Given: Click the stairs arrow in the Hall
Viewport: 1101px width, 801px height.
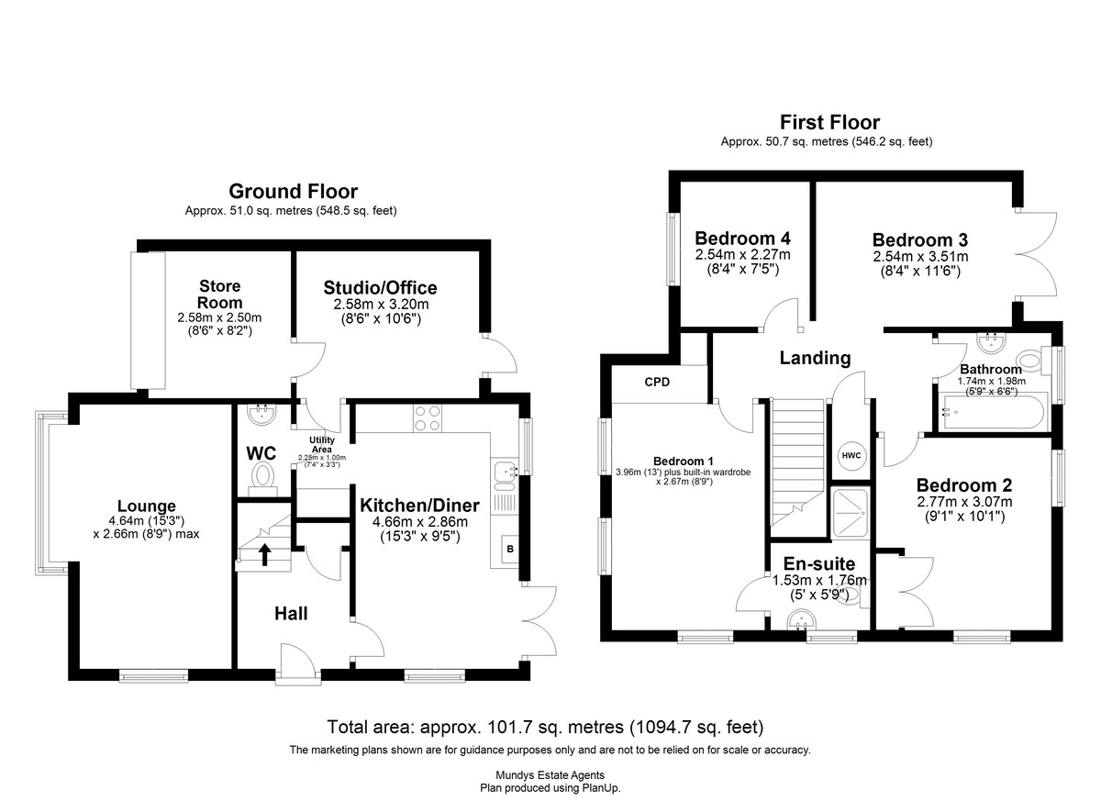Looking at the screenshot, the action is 265,554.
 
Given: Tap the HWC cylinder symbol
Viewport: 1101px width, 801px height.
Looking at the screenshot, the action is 851,455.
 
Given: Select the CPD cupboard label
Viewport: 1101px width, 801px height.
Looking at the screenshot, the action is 657,382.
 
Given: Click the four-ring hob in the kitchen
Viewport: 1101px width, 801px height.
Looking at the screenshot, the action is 427,418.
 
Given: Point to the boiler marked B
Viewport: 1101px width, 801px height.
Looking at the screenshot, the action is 510,549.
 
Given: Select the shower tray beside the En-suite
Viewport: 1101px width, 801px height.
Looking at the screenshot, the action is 851,512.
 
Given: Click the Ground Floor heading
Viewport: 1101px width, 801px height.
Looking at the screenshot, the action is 293,191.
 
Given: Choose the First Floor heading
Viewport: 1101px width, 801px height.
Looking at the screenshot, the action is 829,122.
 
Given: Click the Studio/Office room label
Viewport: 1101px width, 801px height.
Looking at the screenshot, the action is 380,287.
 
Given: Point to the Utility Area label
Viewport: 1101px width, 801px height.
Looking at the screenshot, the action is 322,445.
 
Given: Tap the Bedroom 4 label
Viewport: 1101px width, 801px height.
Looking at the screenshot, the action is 742,239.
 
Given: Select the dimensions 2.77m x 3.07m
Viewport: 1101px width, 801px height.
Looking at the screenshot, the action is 964,502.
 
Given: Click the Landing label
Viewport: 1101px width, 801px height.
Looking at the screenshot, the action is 815,358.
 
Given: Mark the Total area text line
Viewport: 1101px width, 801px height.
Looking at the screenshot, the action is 545,727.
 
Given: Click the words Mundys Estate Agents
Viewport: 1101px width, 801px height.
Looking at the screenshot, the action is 550,775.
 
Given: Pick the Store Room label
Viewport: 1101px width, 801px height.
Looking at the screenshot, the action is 219,294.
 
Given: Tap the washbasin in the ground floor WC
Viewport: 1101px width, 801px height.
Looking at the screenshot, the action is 262,414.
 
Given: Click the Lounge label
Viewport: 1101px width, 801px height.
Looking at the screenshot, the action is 147,506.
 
